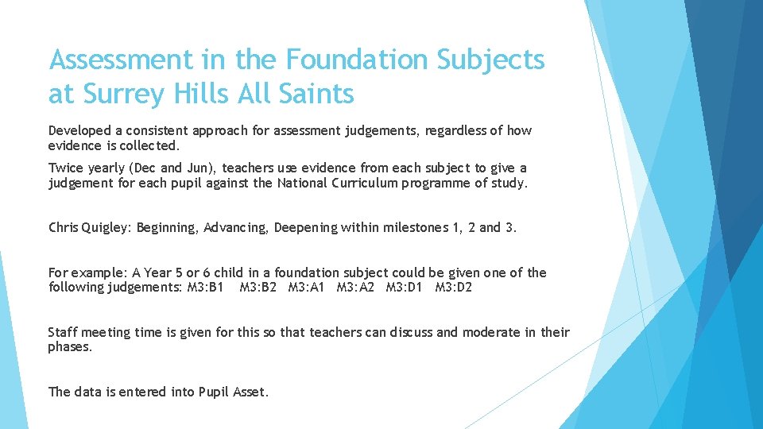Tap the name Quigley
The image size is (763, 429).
[107, 228]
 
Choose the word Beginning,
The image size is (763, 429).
[168, 228]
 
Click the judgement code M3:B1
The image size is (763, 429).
[205, 288]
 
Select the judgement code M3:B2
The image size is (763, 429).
[258, 288]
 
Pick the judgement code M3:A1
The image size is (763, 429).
[307, 288]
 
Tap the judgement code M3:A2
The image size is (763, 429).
[355, 288]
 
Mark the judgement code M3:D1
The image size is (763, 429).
[405, 288]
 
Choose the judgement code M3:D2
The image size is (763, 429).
[453, 288]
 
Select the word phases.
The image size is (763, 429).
[70, 347]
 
